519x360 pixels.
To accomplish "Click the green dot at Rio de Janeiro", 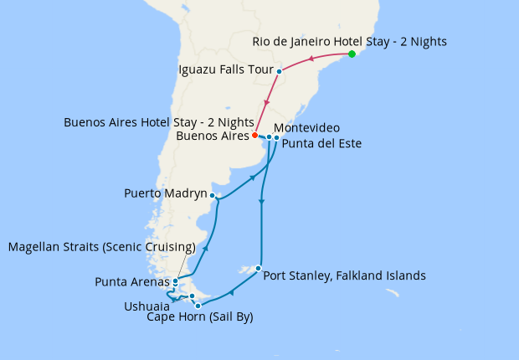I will [352, 54].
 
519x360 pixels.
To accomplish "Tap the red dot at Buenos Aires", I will [254, 135].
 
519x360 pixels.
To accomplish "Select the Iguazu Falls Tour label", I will [225, 70].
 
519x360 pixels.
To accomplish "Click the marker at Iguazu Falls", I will [279, 71].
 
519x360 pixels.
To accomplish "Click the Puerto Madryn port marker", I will [213, 196].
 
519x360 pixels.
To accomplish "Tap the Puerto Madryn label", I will [165, 193].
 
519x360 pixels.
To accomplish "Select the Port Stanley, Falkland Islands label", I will [344, 275].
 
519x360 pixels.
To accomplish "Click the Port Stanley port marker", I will [259, 269].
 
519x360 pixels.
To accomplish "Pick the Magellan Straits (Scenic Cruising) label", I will [100, 247].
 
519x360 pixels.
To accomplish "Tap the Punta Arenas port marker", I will [175, 281].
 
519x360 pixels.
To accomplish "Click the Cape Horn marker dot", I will [198, 306].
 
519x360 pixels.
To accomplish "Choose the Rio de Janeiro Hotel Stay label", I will [349, 41].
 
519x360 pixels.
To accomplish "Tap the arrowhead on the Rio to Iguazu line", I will [311, 59].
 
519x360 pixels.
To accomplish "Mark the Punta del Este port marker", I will [276, 137].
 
